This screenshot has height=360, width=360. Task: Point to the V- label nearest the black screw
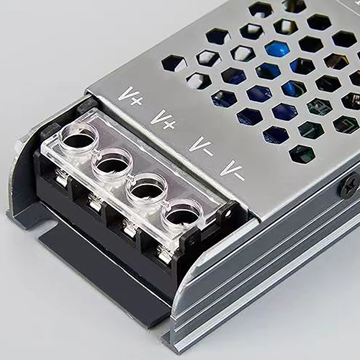coord(233,170)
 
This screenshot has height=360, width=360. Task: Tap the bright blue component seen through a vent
coord(277,49)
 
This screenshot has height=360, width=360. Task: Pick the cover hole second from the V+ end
coord(112,165)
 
